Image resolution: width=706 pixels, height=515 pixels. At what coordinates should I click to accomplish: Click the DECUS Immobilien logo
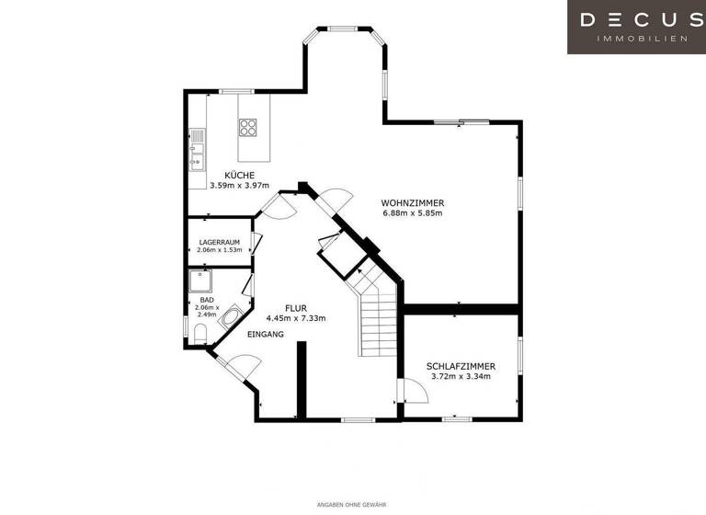(x=636, y=27)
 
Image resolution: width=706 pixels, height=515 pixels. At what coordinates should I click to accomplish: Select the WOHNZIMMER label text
(x=413, y=202)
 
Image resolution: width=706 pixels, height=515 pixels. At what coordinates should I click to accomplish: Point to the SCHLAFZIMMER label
(x=459, y=365)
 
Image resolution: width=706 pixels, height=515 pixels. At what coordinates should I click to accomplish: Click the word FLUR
(x=295, y=308)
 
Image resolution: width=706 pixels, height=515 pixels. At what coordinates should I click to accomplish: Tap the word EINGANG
(x=266, y=334)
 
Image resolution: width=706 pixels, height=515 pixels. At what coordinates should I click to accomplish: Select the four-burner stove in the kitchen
(x=248, y=127)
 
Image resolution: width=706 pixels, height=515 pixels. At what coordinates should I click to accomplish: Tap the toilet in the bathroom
(x=199, y=331)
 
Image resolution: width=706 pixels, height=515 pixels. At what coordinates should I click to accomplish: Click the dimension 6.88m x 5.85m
(x=413, y=213)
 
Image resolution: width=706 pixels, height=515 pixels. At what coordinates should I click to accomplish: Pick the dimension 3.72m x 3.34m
(x=459, y=376)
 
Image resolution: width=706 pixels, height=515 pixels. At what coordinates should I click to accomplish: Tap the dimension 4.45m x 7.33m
(x=295, y=318)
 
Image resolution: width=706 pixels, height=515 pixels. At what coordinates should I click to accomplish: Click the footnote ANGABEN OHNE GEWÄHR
(x=352, y=504)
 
